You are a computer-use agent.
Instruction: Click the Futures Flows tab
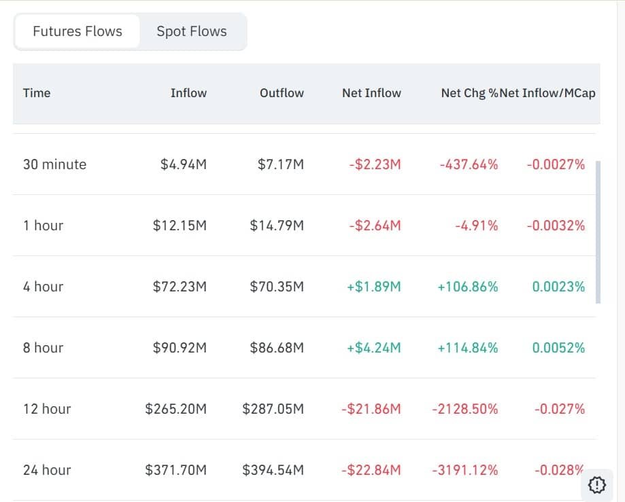pos(78,31)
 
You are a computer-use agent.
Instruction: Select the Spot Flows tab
pos(192,31)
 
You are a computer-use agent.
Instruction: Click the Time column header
pos(37,93)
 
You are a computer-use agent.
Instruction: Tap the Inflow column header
pos(188,93)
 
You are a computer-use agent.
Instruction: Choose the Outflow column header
pos(282,93)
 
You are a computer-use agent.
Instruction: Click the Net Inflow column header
pos(371,93)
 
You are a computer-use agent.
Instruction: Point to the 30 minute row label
pos(54,164)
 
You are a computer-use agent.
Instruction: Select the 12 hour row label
pos(47,409)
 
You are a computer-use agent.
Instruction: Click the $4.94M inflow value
pos(184,164)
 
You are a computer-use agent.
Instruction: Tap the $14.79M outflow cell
pos(277,226)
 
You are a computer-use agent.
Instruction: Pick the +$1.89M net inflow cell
pos(373,287)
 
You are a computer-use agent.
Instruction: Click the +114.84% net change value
pos(467,348)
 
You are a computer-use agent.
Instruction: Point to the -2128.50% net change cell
pos(464,409)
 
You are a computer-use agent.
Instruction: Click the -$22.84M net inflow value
pos(371,470)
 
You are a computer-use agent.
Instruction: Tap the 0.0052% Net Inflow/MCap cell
pos(558,348)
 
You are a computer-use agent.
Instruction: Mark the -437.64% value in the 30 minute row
pos(468,164)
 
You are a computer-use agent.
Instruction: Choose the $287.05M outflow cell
pos(273,409)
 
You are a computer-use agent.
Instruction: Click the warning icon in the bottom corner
pos(596,484)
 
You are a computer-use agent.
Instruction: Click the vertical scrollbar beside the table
pos(598,232)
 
